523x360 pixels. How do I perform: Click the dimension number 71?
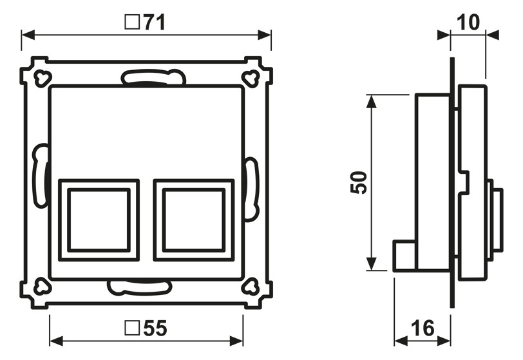[x=155, y=23]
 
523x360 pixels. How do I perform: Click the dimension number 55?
[x=155, y=329]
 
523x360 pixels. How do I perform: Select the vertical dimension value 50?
[x=359, y=183]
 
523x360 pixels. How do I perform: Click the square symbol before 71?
[x=131, y=23]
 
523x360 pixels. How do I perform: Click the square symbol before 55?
[x=131, y=329]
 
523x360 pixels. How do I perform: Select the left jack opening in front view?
[x=99, y=220]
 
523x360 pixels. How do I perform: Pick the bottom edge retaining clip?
[x=140, y=287]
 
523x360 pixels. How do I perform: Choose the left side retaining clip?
[x=41, y=175]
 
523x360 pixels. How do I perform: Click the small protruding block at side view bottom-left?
[x=404, y=255]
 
